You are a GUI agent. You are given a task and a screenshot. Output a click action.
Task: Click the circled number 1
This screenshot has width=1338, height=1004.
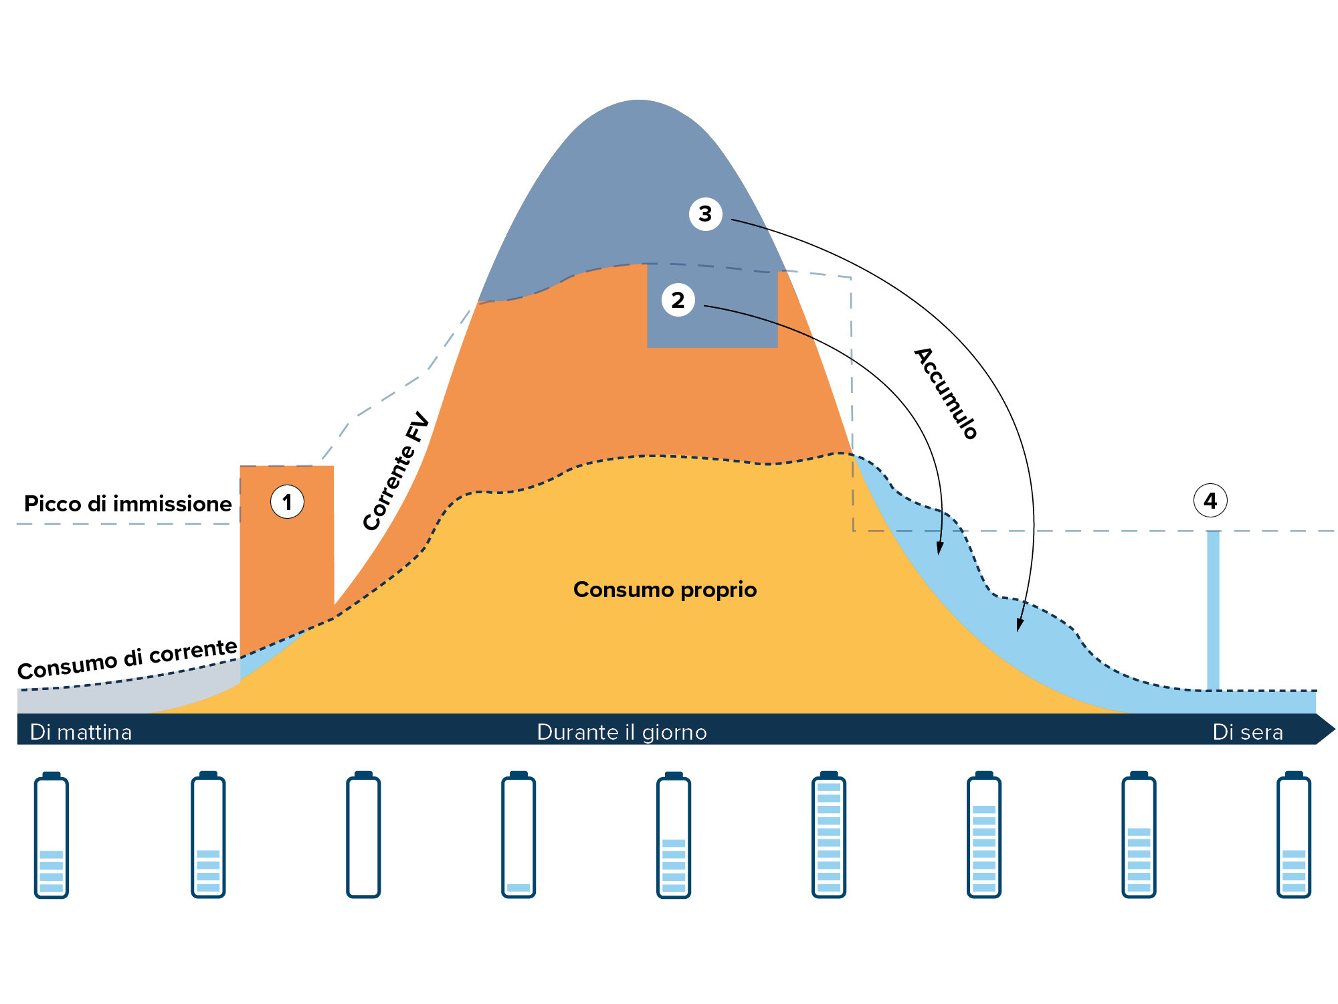pos(287,502)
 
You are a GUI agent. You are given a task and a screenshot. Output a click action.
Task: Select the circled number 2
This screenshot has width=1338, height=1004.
pos(678,300)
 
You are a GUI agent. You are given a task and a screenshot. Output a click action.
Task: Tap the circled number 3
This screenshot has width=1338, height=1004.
pos(705,214)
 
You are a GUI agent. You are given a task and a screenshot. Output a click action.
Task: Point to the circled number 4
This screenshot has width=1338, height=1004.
pos(1210,501)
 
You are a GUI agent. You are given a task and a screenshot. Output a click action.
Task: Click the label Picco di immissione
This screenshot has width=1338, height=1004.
pos(128,503)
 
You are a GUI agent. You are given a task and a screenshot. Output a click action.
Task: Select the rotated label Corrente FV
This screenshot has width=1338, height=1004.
pos(396,471)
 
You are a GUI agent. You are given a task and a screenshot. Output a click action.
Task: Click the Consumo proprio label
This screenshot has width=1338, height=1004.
pos(665,589)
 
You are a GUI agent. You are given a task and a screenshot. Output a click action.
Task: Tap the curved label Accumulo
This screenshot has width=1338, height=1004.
pos(946,394)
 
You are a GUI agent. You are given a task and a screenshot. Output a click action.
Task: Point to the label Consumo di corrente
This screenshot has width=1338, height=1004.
pos(127,659)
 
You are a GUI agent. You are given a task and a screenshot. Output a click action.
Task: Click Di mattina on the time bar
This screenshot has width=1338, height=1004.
pos(81,732)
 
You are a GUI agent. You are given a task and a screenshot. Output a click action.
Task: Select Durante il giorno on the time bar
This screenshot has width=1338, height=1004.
pos(622,732)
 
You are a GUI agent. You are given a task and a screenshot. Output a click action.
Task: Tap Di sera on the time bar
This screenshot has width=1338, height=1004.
pos(1248,732)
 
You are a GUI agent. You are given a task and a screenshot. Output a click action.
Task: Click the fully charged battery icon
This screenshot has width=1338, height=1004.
pos(828,835)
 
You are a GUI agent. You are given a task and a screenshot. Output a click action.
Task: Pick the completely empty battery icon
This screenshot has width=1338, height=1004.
pos(363,835)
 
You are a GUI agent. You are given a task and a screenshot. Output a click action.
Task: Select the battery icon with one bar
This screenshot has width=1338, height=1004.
pos(518,835)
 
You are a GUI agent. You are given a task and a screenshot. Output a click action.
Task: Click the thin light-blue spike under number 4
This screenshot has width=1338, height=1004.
pos(1213,609)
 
